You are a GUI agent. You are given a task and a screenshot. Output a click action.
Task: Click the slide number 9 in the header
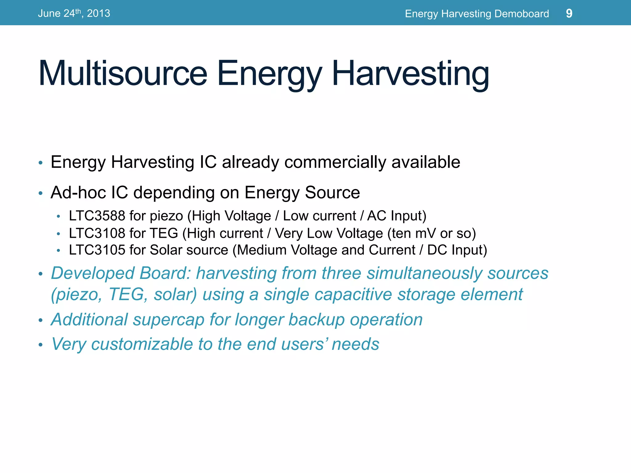click(x=569, y=14)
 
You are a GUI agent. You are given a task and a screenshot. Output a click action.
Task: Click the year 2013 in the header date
click(x=98, y=14)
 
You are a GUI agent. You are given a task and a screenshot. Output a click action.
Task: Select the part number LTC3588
click(x=97, y=216)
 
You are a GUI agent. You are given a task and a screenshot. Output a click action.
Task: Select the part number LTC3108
click(x=97, y=233)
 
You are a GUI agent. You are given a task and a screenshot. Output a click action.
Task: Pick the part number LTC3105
click(x=97, y=250)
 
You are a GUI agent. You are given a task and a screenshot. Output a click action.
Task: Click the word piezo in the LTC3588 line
click(x=166, y=216)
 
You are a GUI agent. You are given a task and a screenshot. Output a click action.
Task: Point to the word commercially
click(x=335, y=162)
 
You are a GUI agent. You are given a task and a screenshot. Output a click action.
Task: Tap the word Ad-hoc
click(x=78, y=192)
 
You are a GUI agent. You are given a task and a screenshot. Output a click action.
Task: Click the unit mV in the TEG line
click(x=425, y=233)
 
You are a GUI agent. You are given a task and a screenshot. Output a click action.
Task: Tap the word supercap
click(x=169, y=320)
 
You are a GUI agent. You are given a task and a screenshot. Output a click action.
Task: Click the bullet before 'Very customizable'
click(x=40, y=345)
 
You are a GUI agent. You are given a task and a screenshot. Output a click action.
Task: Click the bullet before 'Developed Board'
click(x=40, y=274)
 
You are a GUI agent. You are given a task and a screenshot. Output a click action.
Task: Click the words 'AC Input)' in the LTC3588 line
click(x=397, y=216)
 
